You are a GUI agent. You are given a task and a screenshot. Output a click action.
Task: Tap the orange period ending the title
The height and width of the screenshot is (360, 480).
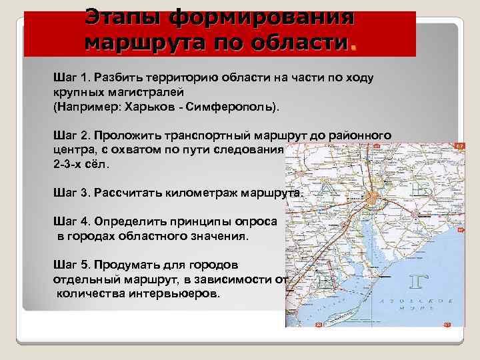coord(353,45)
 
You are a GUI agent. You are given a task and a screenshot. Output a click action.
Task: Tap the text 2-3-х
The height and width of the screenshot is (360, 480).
coord(67,163)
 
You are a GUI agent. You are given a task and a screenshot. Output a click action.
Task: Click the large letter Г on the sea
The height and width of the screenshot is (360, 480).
coord(415,282)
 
